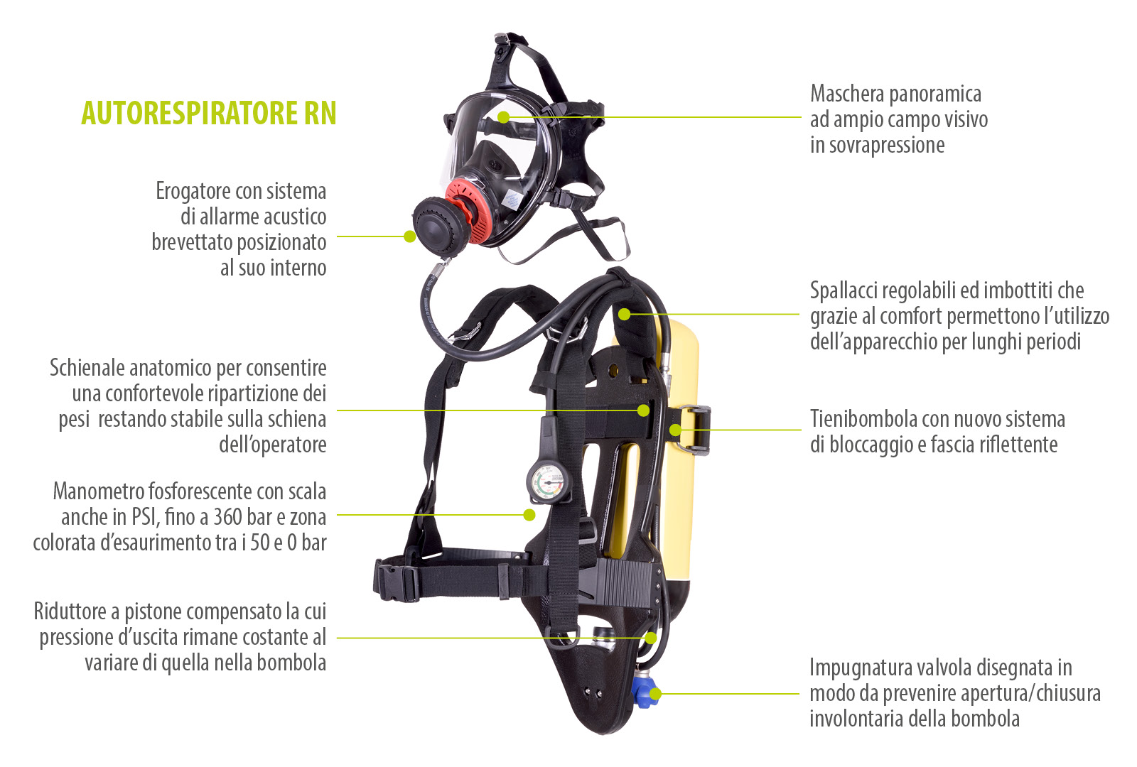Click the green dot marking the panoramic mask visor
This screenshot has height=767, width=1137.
point(503,117)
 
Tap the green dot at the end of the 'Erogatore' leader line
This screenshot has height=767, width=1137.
point(410,236)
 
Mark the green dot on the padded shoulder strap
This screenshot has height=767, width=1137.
point(625,315)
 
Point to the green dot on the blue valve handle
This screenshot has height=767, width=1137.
point(655,694)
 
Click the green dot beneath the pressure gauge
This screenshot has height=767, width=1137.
point(529,515)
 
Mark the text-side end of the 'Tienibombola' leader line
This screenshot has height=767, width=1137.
point(801,430)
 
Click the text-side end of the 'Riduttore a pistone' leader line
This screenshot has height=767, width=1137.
point(338,638)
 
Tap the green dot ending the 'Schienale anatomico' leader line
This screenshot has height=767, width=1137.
point(643,410)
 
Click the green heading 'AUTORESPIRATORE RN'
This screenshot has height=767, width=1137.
point(209,113)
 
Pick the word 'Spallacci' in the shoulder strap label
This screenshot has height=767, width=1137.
point(844,291)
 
